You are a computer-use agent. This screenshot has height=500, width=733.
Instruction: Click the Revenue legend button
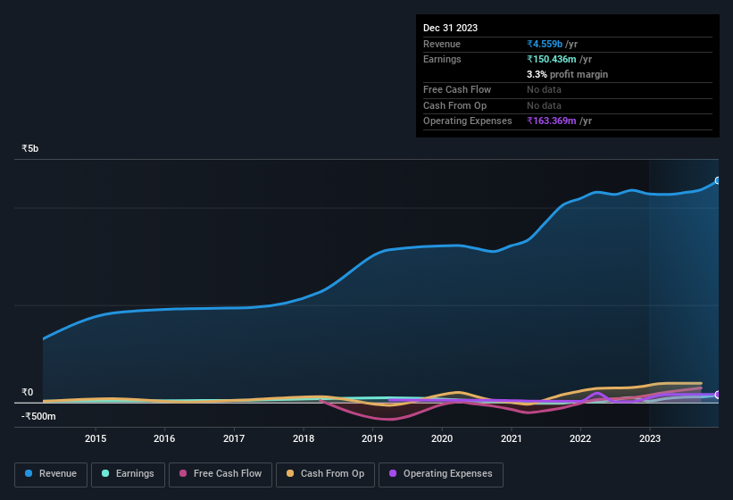(51, 474)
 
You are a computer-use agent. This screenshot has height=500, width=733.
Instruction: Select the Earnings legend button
(127, 474)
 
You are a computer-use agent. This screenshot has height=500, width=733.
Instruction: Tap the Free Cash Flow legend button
(221, 474)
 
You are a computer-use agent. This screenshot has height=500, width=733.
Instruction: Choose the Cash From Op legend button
(324, 474)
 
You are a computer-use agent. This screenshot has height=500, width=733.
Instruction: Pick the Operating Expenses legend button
(440, 474)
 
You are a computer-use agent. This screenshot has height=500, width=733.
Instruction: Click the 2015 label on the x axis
(96, 438)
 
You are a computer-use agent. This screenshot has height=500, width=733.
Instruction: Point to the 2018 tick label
(304, 438)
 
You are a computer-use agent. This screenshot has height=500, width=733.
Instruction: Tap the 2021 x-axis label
(512, 438)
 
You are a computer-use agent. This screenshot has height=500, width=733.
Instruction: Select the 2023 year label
(650, 438)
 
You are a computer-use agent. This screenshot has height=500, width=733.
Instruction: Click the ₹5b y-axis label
(30, 148)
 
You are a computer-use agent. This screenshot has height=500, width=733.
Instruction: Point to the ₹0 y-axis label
(28, 392)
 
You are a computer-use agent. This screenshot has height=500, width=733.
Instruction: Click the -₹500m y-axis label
(38, 416)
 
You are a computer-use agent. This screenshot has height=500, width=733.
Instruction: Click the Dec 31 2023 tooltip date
(450, 28)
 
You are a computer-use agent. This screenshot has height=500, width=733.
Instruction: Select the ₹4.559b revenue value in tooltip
(546, 44)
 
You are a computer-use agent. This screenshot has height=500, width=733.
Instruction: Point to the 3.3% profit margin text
(567, 74)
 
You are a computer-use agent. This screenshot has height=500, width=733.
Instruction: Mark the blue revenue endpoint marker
(717, 180)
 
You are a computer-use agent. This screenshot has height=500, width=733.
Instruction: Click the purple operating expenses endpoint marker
(717, 395)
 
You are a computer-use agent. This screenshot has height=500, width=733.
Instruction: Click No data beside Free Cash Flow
(545, 89)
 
